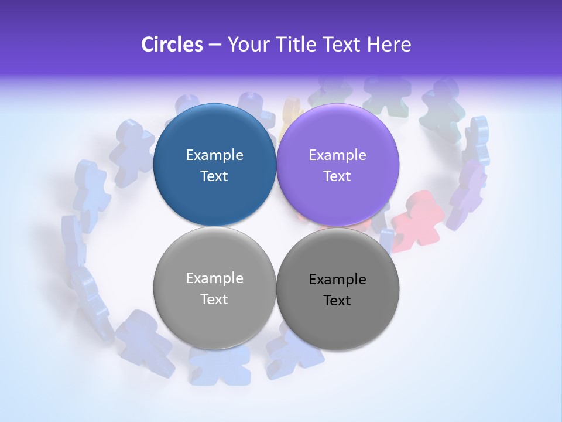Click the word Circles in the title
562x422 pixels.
pos(172,45)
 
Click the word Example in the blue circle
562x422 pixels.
pos(214,155)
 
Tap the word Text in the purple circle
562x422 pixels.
pos(337,176)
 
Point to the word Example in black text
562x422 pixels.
pos(337,280)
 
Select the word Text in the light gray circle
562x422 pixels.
pos(214,300)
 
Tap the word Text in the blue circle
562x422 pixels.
pos(214,176)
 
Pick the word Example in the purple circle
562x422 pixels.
pos(337,155)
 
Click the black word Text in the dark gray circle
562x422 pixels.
pos(337,301)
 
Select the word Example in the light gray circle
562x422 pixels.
pos(214,278)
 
